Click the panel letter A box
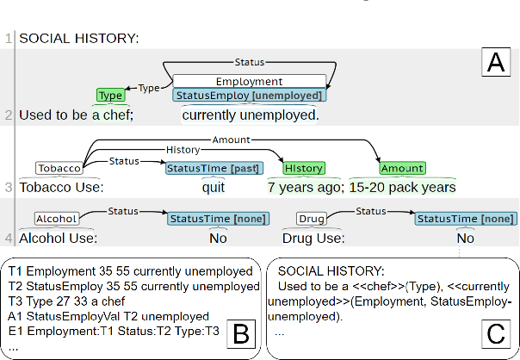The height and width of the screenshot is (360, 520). pos(494,62)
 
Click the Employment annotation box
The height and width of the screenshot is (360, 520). pos(250,81)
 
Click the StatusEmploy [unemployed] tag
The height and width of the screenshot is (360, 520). pos(250,96)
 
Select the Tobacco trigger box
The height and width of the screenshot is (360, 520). pos(59,168)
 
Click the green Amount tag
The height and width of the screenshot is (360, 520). pos(402,168)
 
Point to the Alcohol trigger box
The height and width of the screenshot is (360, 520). pos(56,220)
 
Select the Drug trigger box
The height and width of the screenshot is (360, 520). pos(311,220)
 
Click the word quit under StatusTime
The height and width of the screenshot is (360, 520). pos(214,187)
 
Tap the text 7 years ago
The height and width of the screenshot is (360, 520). pos(304,187)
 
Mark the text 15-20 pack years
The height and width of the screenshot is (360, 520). pos(402,187)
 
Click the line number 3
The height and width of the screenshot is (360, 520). pos(9,187)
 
